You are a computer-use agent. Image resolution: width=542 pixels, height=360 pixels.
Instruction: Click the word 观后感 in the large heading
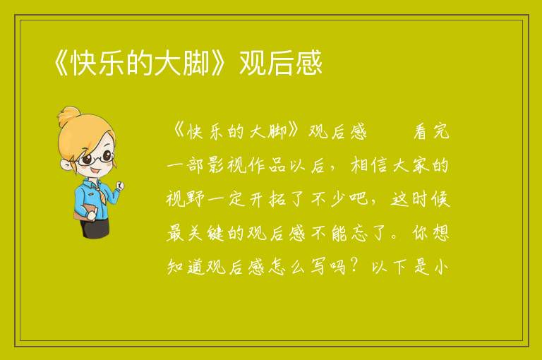tap(281, 63)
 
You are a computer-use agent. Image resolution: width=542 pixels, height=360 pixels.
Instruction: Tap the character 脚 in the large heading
tap(196, 63)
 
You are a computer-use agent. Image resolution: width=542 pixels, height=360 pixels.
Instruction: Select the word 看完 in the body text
tap(431, 132)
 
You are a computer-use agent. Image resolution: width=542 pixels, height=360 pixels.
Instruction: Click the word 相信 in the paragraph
tap(370, 165)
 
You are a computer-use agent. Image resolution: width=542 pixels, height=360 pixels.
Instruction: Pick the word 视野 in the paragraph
tap(186, 199)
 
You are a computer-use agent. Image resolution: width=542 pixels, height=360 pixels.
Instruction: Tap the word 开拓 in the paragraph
tap(267, 199)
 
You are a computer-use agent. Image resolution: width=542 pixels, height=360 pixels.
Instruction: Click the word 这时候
tap(421, 199)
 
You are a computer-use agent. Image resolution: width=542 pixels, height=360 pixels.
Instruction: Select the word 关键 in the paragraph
tap(206, 233)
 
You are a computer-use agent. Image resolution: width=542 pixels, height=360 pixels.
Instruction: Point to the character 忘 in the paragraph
tap(359, 233)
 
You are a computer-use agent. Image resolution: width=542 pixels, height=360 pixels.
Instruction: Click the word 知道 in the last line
tap(186, 267)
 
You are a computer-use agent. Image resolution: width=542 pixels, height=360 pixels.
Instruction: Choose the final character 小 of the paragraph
tap(441, 267)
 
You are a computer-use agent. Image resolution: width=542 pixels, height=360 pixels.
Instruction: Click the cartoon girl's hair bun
tap(70, 116)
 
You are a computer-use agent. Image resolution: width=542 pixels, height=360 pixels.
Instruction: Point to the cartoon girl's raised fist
tap(119, 185)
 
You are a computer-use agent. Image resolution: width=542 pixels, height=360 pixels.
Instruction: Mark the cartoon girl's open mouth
tap(96, 171)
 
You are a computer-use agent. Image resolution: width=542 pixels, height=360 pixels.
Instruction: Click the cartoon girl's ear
tap(66, 165)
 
